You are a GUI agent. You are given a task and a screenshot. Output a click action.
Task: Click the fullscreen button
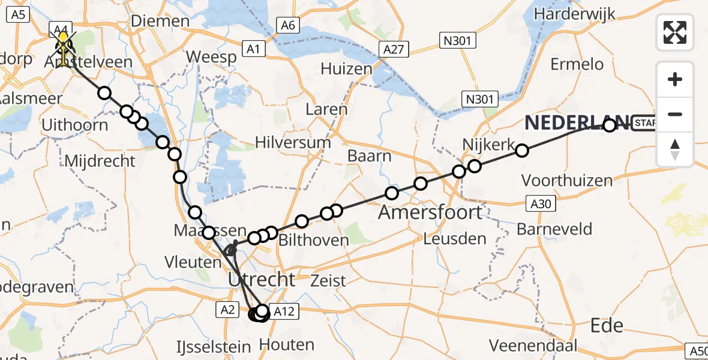[675, 32]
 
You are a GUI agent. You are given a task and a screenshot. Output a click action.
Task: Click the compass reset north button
[675, 149]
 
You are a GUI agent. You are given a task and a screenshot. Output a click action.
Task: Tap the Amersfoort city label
[430, 212]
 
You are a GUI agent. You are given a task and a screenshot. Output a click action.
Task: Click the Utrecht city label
[261, 279]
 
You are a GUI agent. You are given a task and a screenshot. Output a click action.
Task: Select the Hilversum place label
[293, 143]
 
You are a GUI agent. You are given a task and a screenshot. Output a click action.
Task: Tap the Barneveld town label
[554, 229]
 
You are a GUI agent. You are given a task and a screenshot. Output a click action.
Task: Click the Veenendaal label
[533, 345]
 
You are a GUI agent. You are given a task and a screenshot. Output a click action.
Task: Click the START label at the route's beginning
[645, 124]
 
